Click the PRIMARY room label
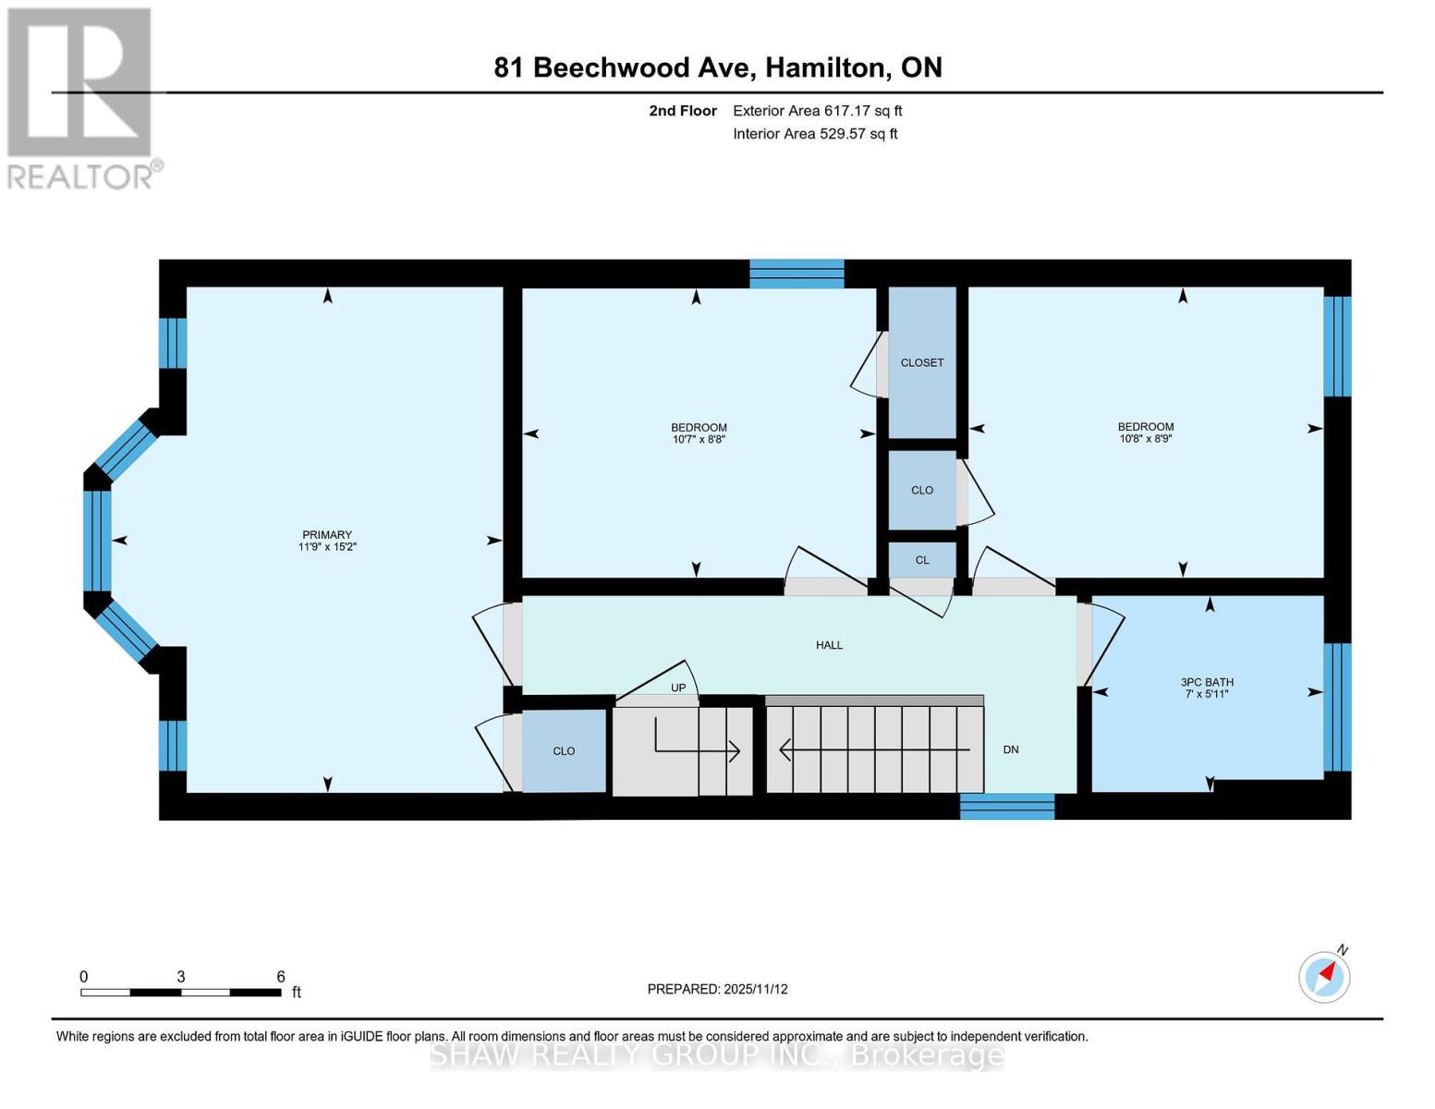point(327,534)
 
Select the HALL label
point(829,645)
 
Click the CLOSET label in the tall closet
point(922,362)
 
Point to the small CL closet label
point(922,560)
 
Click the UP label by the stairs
point(678,688)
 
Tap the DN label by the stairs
point(1011,749)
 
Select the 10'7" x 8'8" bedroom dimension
point(699,440)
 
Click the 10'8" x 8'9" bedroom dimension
point(1145,440)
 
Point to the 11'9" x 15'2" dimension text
point(327,547)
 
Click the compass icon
point(1324,976)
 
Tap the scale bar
point(180,993)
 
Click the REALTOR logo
point(81,97)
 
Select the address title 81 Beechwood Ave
point(717,67)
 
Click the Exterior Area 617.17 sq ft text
point(817,111)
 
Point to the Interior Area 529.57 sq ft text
point(815,134)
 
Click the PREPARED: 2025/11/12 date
point(717,989)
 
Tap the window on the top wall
point(797,274)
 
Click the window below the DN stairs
point(1007,806)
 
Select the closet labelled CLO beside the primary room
point(564,750)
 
